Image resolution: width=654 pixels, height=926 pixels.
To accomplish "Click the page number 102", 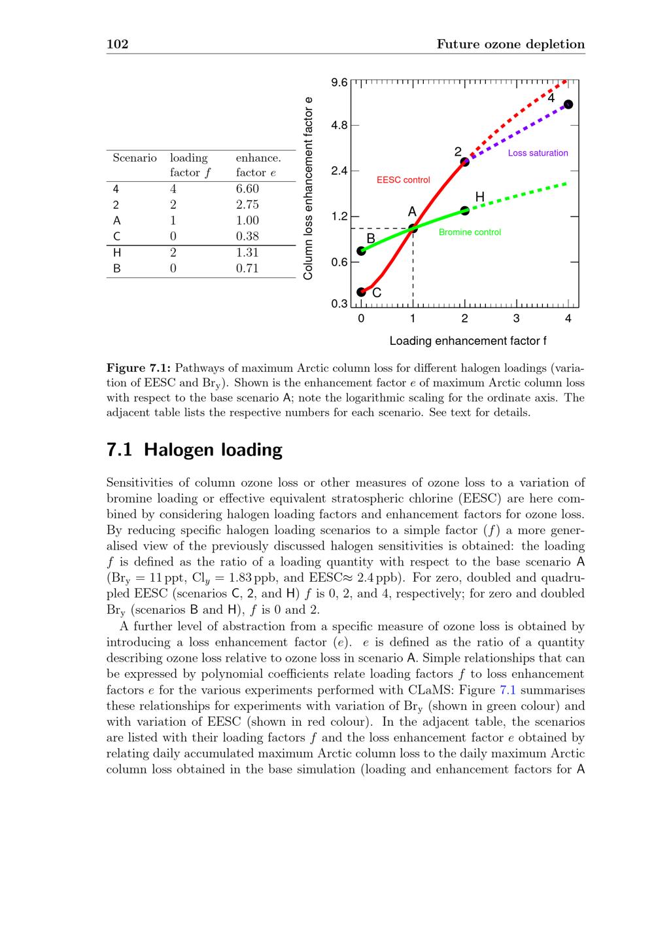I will [x=117, y=45].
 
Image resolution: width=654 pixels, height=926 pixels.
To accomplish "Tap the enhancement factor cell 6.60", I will [x=247, y=189].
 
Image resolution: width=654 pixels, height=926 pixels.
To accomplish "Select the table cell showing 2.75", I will [x=247, y=205].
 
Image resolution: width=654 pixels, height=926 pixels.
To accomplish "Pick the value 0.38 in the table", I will [x=247, y=236].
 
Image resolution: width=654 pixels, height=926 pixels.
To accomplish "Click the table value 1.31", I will [x=247, y=253].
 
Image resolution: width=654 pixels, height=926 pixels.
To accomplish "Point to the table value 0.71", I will [x=247, y=268].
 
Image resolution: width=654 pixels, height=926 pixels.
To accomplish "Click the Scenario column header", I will [x=135, y=158].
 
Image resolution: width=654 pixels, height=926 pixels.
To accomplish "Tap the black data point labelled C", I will [x=361, y=292].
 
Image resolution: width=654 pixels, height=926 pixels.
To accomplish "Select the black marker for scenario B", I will [x=361, y=251].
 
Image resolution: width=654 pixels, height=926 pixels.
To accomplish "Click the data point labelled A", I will [x=413, y=228].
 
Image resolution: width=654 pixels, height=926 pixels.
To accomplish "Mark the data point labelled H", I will [x=465, y=210].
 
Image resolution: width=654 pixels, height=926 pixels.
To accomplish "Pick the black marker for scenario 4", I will [x=568, y=105].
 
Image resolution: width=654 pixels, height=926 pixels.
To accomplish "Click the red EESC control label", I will [x=404, y=180].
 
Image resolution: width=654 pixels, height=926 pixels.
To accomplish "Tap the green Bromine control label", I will [x=470, y=232].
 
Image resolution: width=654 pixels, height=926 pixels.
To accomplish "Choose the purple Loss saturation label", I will [x=538, y=153].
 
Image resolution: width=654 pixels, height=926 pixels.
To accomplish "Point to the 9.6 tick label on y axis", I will [x=339, y=83].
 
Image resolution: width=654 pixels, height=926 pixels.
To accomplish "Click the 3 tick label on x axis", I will [x=517, y=319].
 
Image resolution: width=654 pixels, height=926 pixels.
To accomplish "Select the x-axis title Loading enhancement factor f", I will [x=468, y=341].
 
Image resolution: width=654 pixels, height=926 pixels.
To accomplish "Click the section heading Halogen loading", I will [x=194, y=450].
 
